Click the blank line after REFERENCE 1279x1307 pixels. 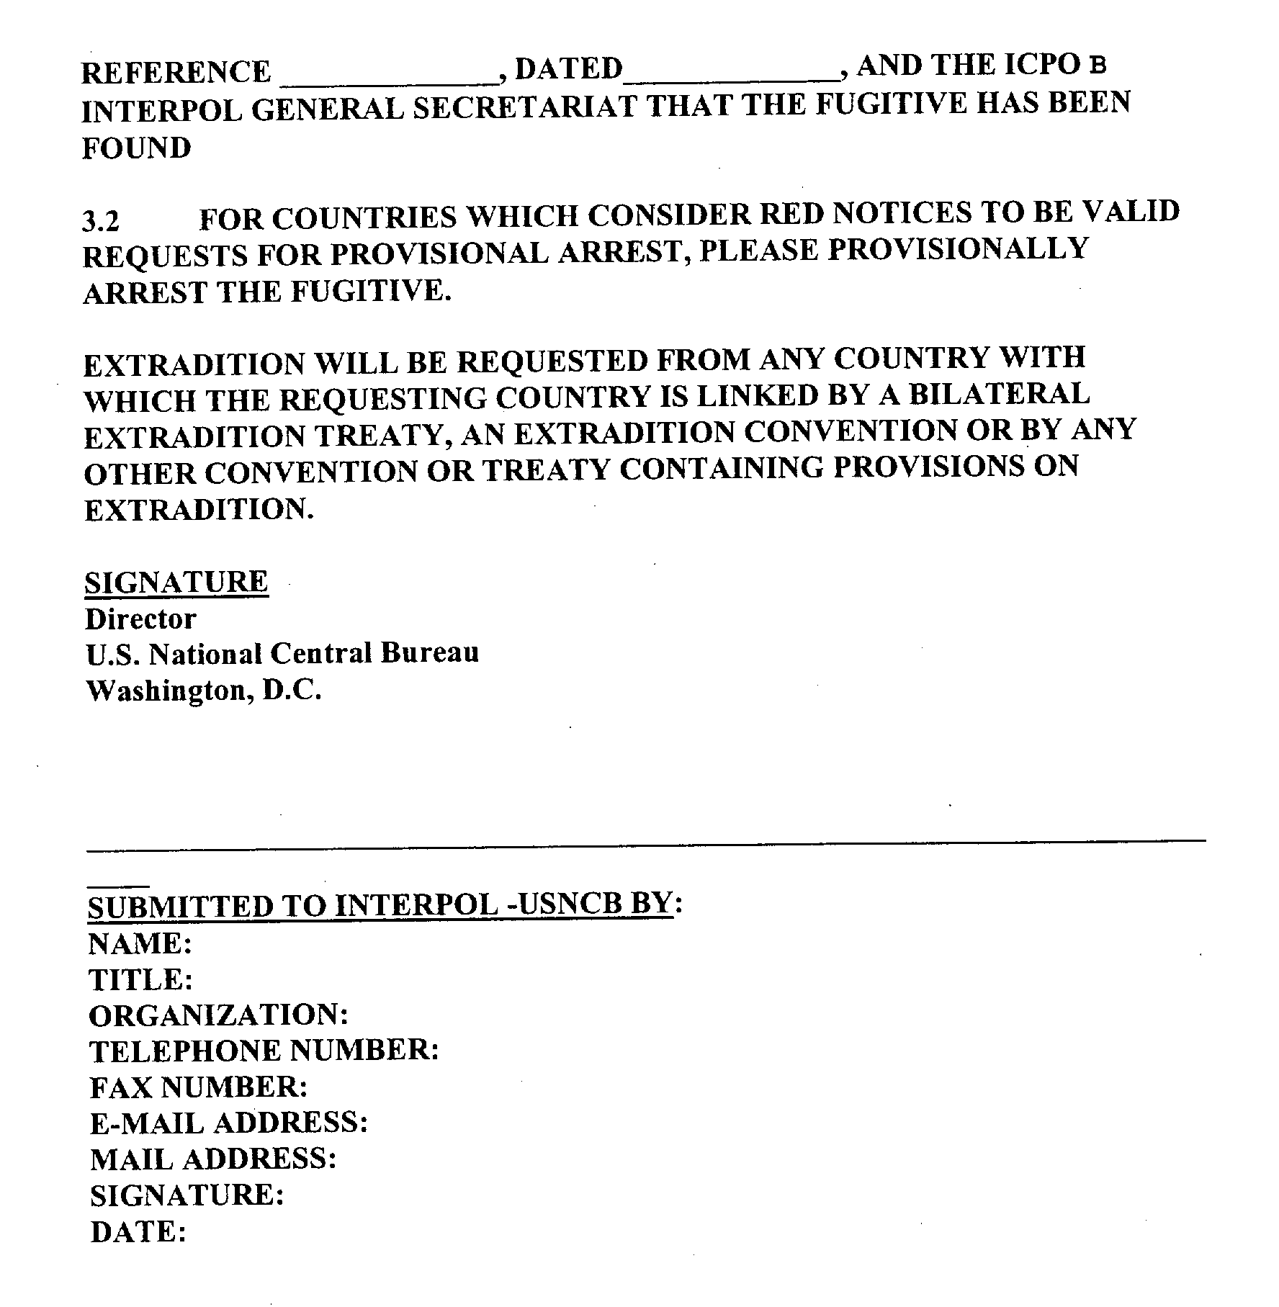tap(390, 78)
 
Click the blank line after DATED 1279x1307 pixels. tap(730, 75)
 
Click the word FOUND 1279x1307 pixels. tap(136, 148)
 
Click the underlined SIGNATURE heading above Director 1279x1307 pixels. tap(176, 582)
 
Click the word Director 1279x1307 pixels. tap(140, 619)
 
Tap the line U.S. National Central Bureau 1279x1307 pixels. tap(282, 654)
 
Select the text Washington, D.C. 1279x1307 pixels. tap(203, 691)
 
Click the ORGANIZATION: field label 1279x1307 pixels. tap(218, 1015)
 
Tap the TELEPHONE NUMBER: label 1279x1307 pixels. tap(264, 1051)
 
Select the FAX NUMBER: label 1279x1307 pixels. tap(199, 1087)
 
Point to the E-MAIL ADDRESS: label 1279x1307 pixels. tap(229, 1123)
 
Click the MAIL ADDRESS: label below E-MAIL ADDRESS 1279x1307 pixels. tap(213, 1159)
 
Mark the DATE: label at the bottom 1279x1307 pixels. tap(139, 1232)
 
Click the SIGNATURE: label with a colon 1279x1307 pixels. tap(187, 1195)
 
